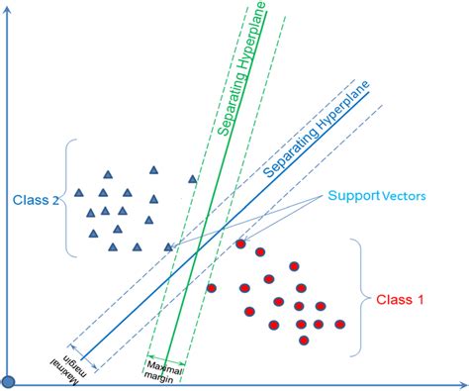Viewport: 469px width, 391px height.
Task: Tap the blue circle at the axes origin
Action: point(8,382)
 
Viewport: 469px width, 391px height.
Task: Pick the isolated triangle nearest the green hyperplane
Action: point(193,179)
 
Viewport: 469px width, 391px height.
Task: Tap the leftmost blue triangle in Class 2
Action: point(79,210)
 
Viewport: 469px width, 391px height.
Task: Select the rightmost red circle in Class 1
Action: point(340,324)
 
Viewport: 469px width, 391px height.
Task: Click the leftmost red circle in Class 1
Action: point(212,288)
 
